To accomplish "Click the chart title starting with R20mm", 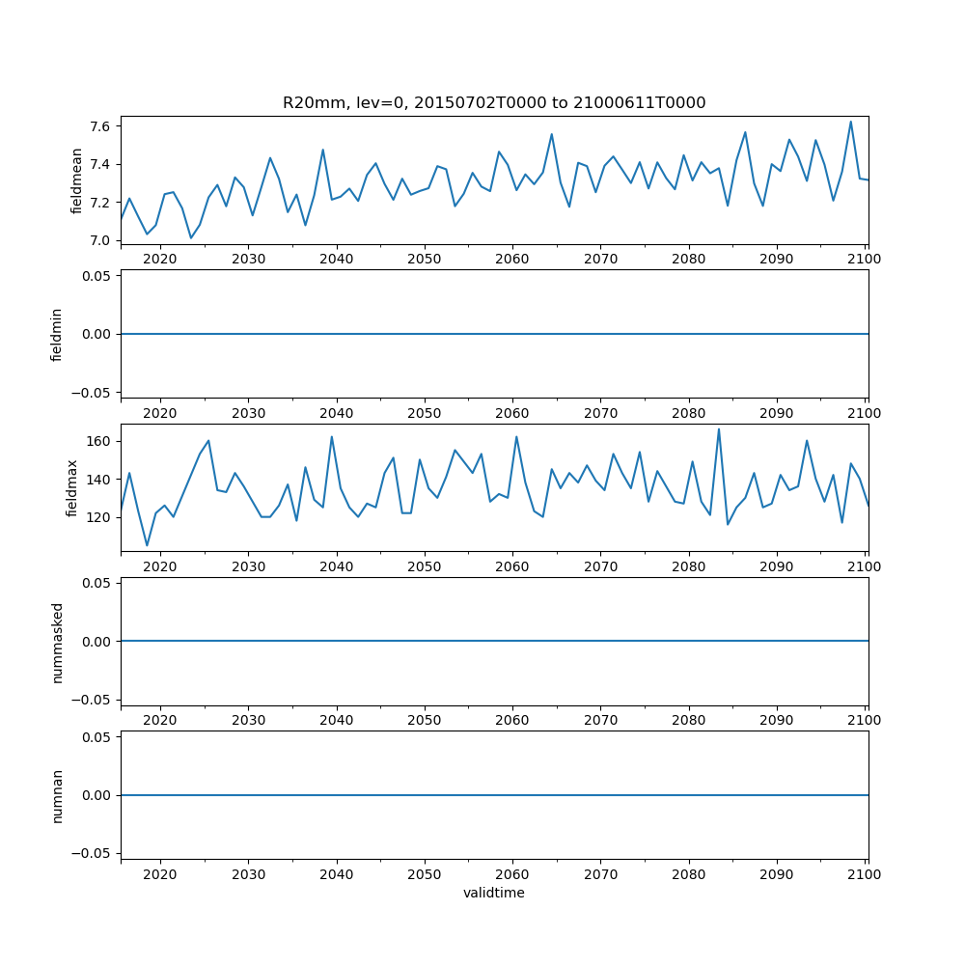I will pyautogui.click(x=494, y=102).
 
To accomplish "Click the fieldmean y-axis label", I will pyautogui.click(x=76, y=180).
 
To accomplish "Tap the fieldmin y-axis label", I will pyautogui.click(x=57, y=334).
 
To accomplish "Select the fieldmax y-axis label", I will pyautogui.click(x=72, y=487).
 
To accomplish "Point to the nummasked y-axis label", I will pyautogui.click(x=57, y=641).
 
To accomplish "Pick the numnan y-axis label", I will pyautogui.click(x=57, y=795).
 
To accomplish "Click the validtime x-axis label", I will pyautogui.click(x=494, y=893).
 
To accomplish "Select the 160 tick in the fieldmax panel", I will pyautogui.click(x=99, y=441).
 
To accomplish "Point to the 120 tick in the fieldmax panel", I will pyautogui.click(x=99, y=517).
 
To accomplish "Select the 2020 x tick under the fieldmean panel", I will pyautogui.click(x=160, y=259).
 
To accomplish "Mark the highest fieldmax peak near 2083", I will pyautogui.click(x=718, y=429).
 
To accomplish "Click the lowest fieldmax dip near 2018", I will pyautogui.click(x=147, y=545).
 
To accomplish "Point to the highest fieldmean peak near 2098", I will pyautogui.click(x=850, y=122).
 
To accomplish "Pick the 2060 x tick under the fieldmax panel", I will pyautogui.click(x=512, y=566).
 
